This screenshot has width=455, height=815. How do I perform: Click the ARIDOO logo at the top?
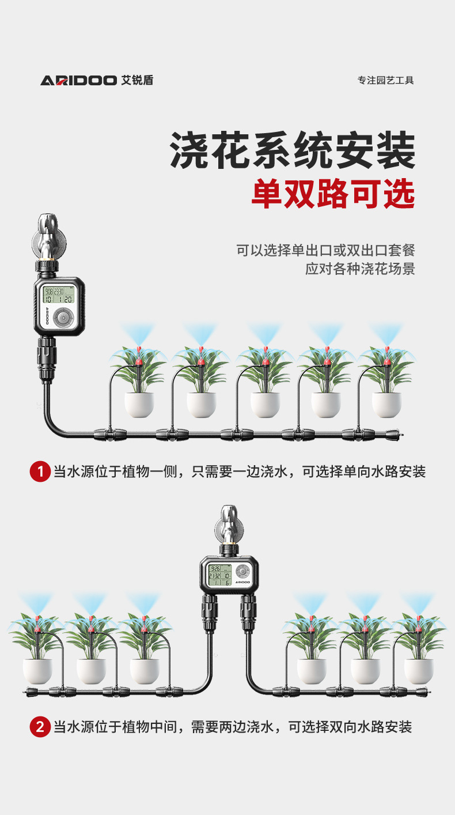point(96,81)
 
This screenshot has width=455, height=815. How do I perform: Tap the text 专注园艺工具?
point(385,81)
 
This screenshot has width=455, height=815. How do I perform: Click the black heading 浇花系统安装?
point(293,150)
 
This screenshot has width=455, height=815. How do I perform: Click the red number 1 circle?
point(40,472)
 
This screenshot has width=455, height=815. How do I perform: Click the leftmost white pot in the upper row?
point(139,404)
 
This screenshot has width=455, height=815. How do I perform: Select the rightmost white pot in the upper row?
point(386,404)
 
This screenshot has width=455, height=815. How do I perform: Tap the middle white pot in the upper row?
point(264,404)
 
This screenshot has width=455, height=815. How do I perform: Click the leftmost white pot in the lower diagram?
point(37,671)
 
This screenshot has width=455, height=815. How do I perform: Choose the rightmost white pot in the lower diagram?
point(418,671)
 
